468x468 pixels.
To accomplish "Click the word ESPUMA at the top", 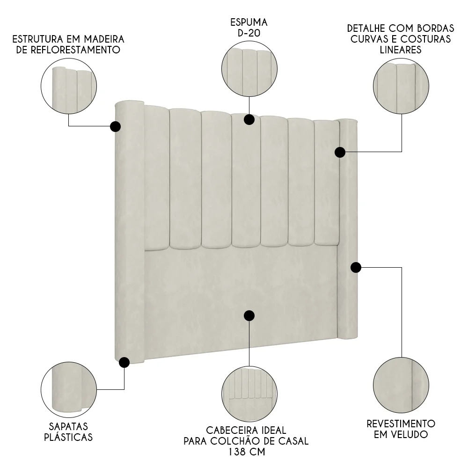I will coord(249,22).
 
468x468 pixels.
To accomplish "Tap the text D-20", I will coord(249,34).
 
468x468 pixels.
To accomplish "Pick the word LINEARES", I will coord(401,50).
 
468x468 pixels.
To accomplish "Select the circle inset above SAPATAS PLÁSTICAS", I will coord(69,390).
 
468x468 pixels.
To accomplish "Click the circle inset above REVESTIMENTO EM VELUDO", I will coord(401,385).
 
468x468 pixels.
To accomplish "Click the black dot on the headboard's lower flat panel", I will coord(249,315).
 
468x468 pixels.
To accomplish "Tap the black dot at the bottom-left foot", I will coord(124,362).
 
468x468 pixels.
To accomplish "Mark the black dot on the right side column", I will coord(356,267).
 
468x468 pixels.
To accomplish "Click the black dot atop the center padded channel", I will coord(249,120).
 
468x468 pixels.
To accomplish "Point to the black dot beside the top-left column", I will coord(115,126).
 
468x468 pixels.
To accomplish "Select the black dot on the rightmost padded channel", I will coord(340,152).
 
